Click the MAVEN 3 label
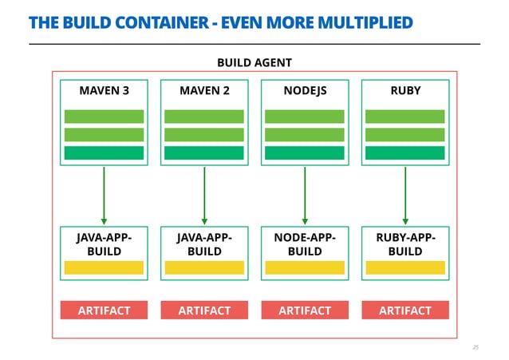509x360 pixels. tap(104, 91)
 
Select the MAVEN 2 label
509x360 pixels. tap(204, 91)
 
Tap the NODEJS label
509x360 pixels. tap(305, 91)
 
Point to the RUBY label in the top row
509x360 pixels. tap(405, 91)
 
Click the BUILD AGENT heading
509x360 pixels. tap(254, 62)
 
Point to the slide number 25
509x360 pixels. tap(475, 347)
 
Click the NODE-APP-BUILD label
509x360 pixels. tap(305, 244)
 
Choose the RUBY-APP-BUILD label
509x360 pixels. tap(405, 244)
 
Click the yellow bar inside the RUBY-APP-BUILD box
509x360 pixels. tap(405, 268)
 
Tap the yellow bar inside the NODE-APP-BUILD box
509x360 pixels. tap(305, 268)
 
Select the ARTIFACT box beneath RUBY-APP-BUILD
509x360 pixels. tap(405, 311)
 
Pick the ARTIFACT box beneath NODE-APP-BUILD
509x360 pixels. tap(305, 311)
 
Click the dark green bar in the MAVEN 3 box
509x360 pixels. tap(104, 152)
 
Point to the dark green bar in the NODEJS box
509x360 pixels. tap(305, 152)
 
